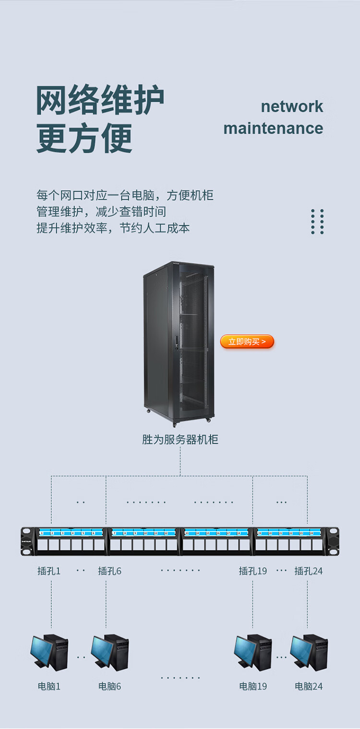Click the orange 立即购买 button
click(247, 341)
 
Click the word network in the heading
click(292, 106)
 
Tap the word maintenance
click(273, 128)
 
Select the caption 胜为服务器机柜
click(180, 439)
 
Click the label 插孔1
click(49, 571)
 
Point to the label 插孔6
click(109, 571)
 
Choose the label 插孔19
click(252, 571)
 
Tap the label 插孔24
click(308, 571)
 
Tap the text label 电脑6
click(109, 686)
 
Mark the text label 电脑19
click(253, 686)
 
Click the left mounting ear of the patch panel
click(27, 541)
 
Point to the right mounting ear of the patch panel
click(333, 541)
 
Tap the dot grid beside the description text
click(317, 221)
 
